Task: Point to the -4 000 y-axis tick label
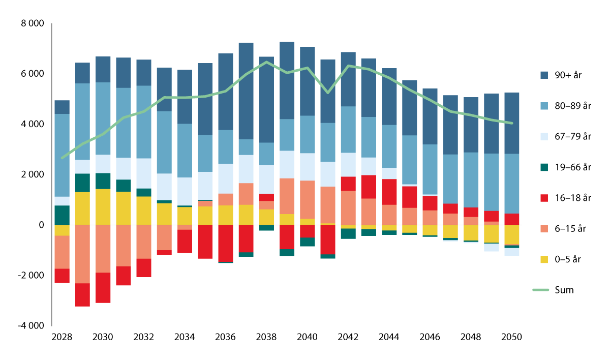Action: (x=32, y=325)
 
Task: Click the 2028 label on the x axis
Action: (x=62, y=337)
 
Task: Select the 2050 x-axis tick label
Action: (x=511, y=337)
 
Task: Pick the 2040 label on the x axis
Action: (x=307, y=337)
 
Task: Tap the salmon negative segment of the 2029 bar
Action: (x=82, y=254)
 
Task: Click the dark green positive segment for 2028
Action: (x=62, y=215)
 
